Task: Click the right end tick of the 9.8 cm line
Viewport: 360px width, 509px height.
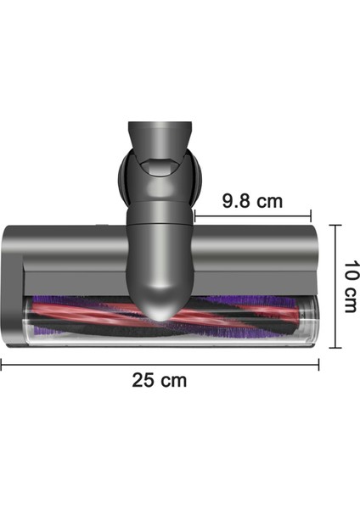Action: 311,216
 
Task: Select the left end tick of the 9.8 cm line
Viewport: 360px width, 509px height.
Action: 196,216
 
